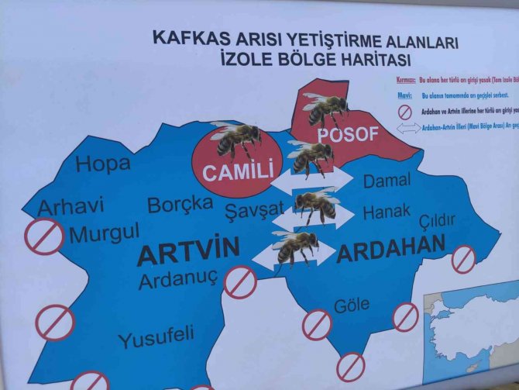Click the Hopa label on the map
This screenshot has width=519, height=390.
[103, 164]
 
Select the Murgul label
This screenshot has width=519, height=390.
[105, 233]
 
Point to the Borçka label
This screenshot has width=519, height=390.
[180, 205]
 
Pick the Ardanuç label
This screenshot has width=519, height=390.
[179, 279]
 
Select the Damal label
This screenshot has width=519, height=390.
[387, 181]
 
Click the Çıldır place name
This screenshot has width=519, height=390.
[437, 221]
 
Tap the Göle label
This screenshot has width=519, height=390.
[351, 305]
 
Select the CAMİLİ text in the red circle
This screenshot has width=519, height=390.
[238, 173]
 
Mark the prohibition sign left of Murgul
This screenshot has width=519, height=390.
[44, 236]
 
